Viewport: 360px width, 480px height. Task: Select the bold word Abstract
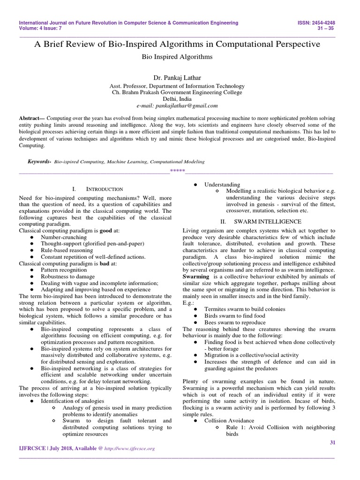[30, 120]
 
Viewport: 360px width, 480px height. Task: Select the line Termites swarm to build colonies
[245, 309]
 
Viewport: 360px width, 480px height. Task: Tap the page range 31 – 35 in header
[332, 29]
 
